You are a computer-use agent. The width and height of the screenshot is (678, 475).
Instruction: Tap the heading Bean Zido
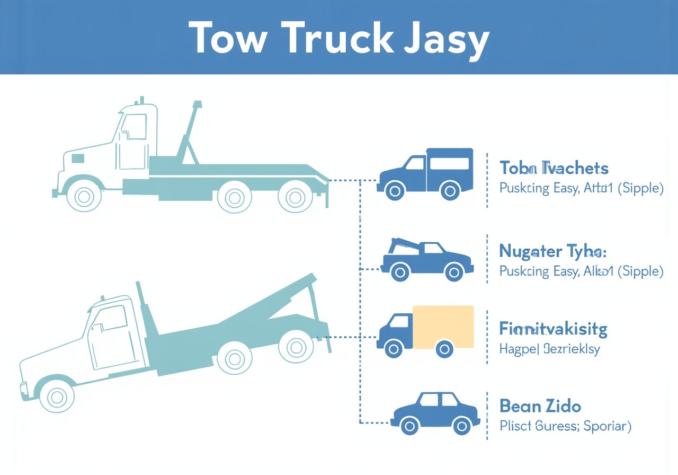click(540, 407)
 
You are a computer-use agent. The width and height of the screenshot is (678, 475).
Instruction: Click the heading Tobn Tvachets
click(554, 169)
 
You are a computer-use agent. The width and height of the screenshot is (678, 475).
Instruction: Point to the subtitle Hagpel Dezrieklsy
click(549, 349)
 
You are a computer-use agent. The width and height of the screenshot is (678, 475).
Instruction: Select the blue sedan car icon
click(435, 413)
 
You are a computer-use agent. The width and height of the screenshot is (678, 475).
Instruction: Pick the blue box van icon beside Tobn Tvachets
click(426, 173)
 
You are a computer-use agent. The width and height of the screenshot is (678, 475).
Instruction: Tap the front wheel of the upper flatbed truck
click(84, 197)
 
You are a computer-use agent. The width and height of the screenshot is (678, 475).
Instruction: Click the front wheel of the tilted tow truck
click(57, 396)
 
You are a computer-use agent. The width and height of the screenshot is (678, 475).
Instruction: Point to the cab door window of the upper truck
click(133, 127)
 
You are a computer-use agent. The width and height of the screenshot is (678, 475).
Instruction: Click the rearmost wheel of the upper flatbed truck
click(295, 197)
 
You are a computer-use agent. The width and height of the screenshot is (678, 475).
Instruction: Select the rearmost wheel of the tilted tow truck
click(296, 347)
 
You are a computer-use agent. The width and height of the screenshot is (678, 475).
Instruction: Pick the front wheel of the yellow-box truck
click(393, 348)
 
